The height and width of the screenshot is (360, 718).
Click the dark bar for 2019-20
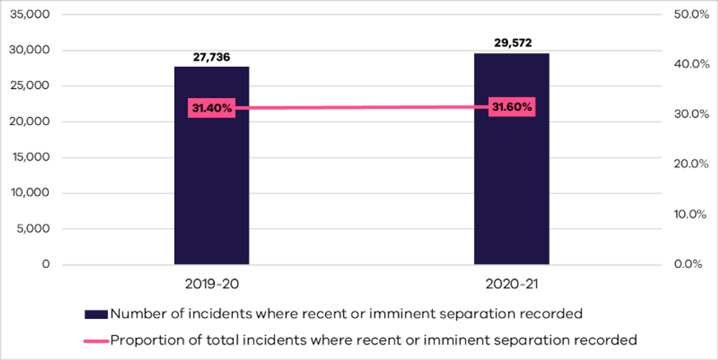[x=212, y=187]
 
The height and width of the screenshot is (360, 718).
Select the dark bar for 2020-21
[x=511, y=187]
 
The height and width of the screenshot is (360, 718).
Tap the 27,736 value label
[x=212, y=58]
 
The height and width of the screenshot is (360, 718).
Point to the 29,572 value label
[x=513, y=43]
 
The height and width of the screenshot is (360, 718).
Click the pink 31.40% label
[x=212, y=108]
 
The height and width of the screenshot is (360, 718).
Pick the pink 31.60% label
[x=512, y=107]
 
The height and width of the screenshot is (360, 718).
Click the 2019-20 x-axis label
[x=212, y=285]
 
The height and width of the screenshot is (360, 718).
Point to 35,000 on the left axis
[x=29, y=14]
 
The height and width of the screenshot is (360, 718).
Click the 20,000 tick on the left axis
[x=29, y=122]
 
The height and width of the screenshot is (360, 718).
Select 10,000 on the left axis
[x=29, y=193]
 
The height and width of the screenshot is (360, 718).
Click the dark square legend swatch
[x=96, y=314]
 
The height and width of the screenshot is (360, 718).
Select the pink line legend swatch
[x=96, y=341]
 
